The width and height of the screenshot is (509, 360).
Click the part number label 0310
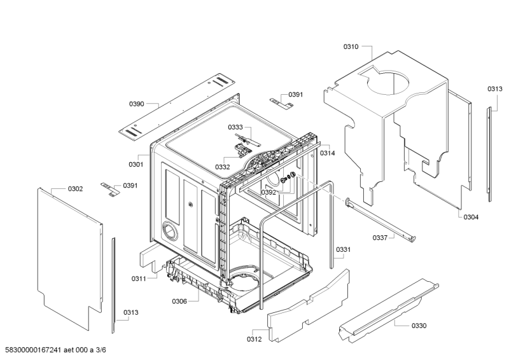pos(351,46)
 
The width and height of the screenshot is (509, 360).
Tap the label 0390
pos(137,103)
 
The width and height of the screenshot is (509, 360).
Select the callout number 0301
pos(136,164)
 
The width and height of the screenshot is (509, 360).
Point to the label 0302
pos(75,189)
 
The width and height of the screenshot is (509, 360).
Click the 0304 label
pos(471,217)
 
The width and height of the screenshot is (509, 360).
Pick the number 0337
pos(380,238)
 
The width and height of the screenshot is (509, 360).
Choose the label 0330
pos(419,326)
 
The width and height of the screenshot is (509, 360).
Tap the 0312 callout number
pos(254,340)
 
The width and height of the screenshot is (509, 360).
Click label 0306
pos(179,301)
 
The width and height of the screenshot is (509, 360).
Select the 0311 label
pos(139,279)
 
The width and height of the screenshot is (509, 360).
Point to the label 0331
pos(343,249)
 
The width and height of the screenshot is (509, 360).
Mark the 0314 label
pos(328,153)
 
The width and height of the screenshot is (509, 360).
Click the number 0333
pos(236,127)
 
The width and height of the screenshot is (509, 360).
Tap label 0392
pos(268,192)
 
